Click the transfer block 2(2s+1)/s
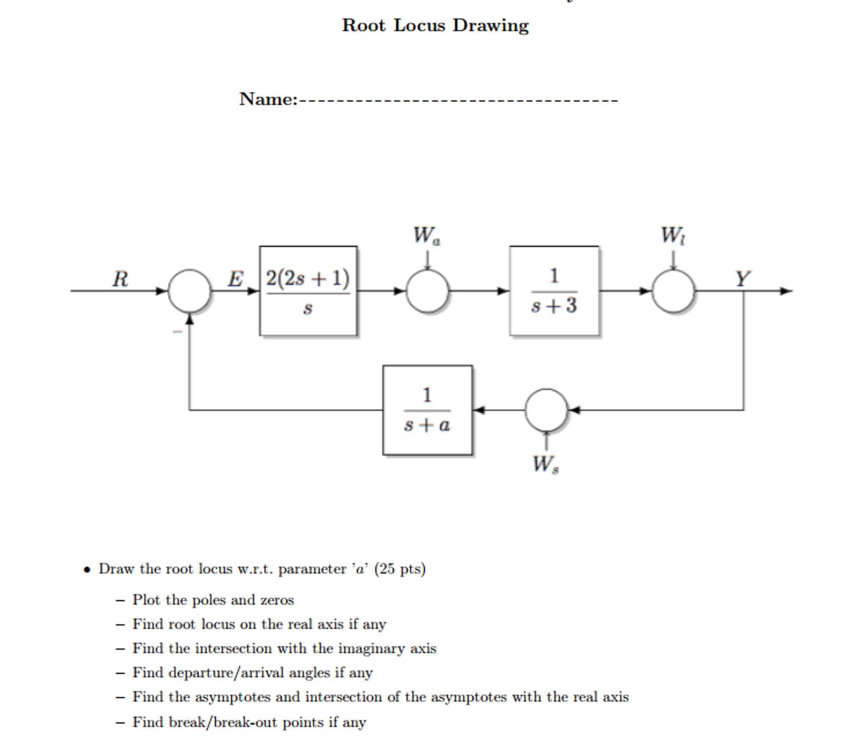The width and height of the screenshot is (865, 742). coord(308,291)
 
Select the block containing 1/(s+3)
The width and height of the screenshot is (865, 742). coord(554,291)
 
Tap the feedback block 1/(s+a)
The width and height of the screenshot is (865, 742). coord(427,410)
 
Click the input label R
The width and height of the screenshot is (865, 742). coord(120,279)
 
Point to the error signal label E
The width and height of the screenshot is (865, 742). coord(235,279)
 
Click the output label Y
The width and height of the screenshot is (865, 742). coord(743,279)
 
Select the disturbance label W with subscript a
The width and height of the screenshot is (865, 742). coord(426,235)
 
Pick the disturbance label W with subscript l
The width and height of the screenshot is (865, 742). coord(673,235)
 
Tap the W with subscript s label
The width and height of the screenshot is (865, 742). coord(545,464)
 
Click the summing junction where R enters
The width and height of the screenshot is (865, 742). coord(189,291)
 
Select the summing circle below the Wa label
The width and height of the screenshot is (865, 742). coord(427,291)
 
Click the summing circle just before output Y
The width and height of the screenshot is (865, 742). coord(673,291)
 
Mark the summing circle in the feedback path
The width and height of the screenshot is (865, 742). coord(546,410)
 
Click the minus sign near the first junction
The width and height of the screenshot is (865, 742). coord(178,332)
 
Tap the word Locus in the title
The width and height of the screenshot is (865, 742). coord(419,25)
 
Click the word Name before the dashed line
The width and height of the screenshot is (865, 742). coord(268,99)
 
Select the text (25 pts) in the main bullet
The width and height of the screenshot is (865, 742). coord(400,569)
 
